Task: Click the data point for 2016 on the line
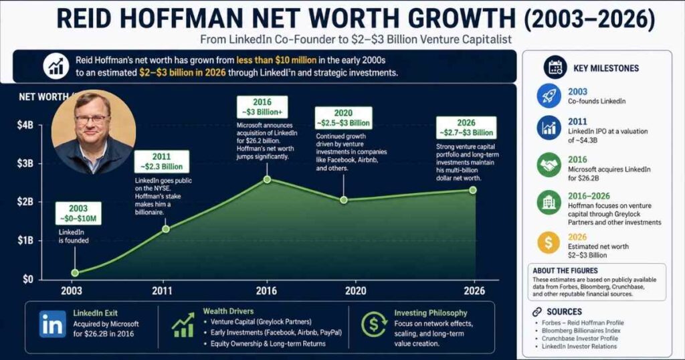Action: tap(267, 179)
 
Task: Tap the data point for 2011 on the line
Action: tap(165, 229)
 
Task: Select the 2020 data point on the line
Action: tap(344, 200)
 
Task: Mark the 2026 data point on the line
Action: tap(473, 190)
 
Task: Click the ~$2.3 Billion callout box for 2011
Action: tap(161, 161)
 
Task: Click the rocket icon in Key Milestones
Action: tap(549, 96)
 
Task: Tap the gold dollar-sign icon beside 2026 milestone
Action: tap(549, 242)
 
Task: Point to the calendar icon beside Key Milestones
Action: tap(554, 67)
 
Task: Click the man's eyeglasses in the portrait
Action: tap(92, 119)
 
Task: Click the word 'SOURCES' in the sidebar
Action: tap(563, 312)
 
